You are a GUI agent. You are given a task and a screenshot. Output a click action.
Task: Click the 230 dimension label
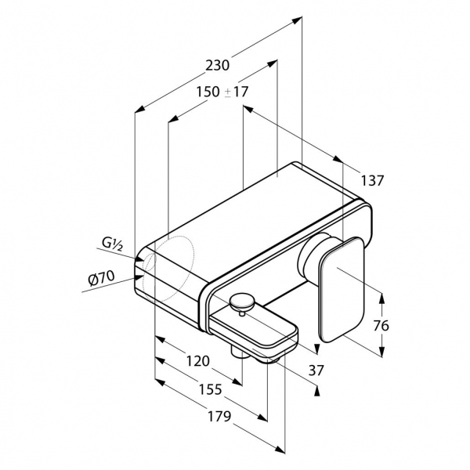coord(217,65)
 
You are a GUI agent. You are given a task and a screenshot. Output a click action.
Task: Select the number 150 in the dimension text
coord(208,92)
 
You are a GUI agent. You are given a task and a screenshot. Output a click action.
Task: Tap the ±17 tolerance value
coord(237,92)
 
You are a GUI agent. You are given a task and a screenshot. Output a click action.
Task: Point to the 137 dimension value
coord(372,180)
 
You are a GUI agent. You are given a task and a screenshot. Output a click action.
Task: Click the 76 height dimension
coord(381,325)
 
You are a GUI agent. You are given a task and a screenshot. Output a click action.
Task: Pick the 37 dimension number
coord(316,371)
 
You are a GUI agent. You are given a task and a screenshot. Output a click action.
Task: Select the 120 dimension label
coord(198,361)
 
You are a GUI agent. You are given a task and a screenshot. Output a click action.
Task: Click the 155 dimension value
coord(211,389)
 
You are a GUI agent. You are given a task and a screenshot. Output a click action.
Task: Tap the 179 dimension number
coord(219,417)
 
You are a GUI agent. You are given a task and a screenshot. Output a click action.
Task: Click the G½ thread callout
coord(112,244)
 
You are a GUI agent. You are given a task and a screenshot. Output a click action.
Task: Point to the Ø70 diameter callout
coord(101,279)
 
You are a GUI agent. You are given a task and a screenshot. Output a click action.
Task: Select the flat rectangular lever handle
coord(342,289)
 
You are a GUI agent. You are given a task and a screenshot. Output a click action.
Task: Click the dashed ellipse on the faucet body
coord(168,265)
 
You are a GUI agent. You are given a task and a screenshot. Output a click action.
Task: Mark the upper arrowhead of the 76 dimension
coord(381,298)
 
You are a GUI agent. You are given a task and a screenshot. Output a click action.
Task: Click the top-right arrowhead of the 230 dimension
coord(297,20)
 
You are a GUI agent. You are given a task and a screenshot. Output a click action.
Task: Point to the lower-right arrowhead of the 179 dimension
coord(280,449)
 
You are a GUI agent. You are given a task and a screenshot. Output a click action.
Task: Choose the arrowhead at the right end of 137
coord(337,159)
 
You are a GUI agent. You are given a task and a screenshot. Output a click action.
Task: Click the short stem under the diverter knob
coord(242,313)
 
